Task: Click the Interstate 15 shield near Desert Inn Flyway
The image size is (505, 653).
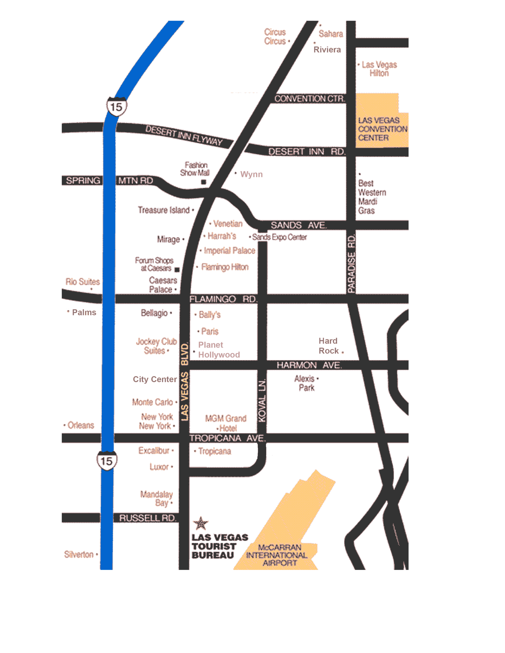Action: point(116,106)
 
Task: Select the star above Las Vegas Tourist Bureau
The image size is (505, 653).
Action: point(201,523)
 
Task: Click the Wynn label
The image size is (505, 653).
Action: point(251,174)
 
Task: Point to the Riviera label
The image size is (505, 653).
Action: point(327,50)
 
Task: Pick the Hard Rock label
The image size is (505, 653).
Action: point(328,346)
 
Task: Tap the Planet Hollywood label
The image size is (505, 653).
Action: point(219,350)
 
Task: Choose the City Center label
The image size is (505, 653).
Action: point(155,379)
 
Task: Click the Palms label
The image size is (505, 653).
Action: point(84,312)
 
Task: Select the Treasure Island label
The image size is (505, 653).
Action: point(164,210)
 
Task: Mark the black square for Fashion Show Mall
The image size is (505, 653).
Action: point(203,182)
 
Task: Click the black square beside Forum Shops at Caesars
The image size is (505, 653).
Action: point(177,270)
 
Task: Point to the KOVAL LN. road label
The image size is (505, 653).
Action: point(262,401)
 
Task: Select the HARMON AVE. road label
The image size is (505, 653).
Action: point(309,365)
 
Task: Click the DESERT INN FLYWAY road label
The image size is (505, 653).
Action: point(184,135)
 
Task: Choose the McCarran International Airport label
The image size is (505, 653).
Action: point(277,555)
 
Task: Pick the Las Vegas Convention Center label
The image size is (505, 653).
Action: point(382,129)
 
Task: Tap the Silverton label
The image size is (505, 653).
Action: point(79,555)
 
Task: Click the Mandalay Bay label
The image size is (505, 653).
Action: point(157,498)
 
